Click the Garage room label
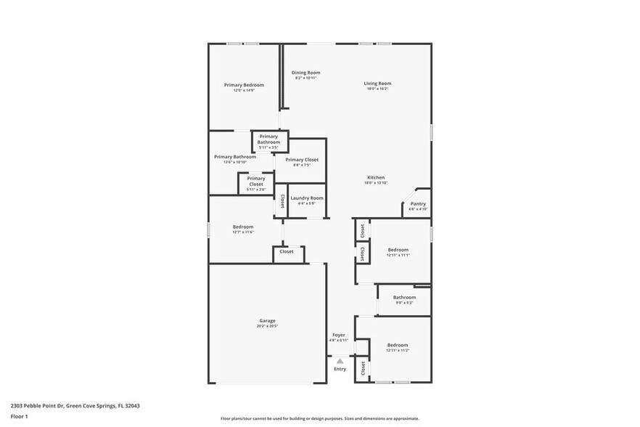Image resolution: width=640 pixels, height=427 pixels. point(267,320)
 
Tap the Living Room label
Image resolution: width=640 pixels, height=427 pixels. point(377,84)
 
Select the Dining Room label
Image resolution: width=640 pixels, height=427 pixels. point(305,73)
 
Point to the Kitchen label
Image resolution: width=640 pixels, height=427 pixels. point(375,178)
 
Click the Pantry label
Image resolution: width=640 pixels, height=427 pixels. point(418,204)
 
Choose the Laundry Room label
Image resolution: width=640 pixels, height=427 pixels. point(306,198)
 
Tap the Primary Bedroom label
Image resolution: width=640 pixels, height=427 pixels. point(243,85)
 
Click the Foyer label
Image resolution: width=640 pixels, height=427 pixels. point(339,335)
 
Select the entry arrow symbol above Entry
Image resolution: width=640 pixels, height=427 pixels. point(340,360)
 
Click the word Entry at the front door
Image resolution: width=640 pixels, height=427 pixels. point(340,369)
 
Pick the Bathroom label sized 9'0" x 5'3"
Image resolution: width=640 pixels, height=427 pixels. point(404,297)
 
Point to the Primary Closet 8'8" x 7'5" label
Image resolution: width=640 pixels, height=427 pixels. point(301,160)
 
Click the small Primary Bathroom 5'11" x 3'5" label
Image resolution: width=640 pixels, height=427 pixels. point(268,139)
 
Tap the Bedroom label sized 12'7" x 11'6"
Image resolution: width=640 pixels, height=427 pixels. point(243,227)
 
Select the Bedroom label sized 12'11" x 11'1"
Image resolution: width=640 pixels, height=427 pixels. point(398,250)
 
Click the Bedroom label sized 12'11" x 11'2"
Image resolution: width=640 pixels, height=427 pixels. point(397,345)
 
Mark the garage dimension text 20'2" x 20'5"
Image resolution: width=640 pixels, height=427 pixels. point(267,326)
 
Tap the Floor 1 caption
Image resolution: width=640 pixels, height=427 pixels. point(19,416)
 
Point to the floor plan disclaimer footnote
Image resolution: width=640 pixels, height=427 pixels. point(320,418)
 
